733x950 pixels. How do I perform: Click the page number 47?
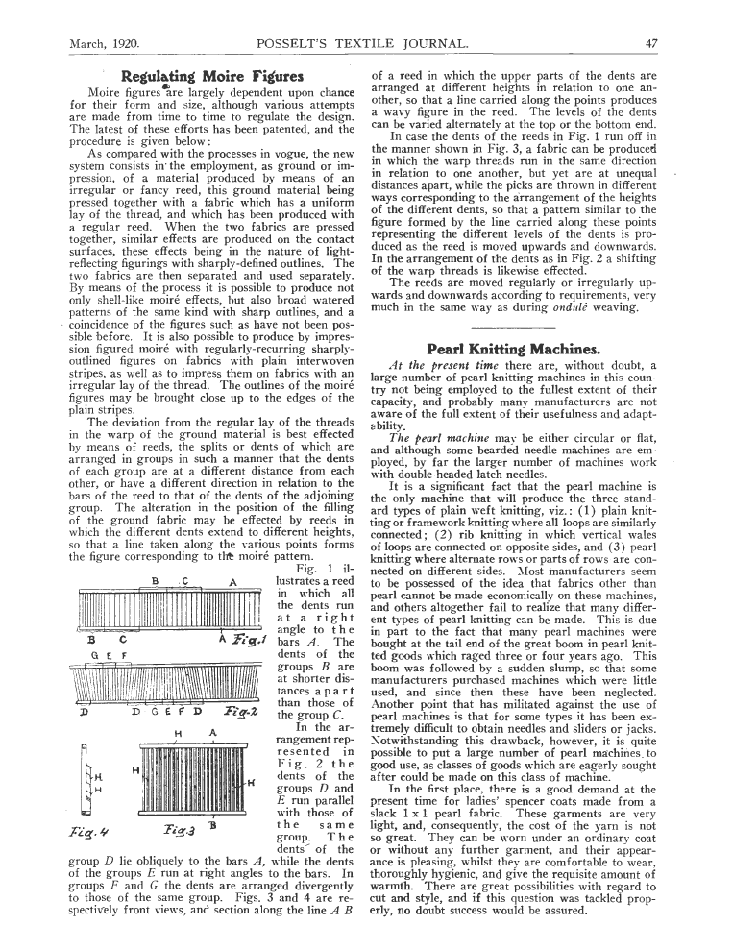(650, 43)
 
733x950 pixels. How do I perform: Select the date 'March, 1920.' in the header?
(105, 43)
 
